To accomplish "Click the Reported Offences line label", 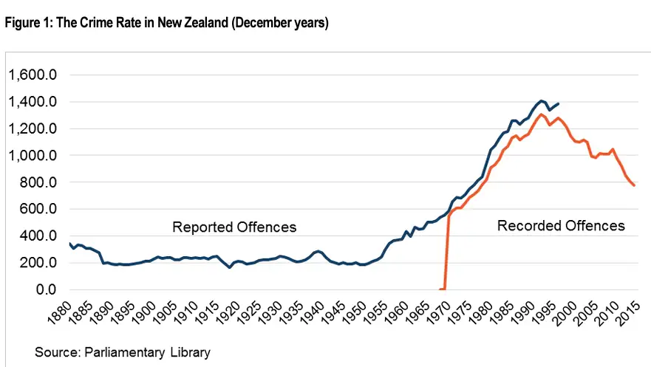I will [234, 227].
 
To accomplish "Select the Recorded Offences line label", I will [561, 225].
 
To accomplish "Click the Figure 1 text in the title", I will [24, 23].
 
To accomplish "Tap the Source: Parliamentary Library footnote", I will [123, 352].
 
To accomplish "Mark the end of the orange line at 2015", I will [634, 185].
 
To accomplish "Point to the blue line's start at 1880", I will [69, 244].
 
